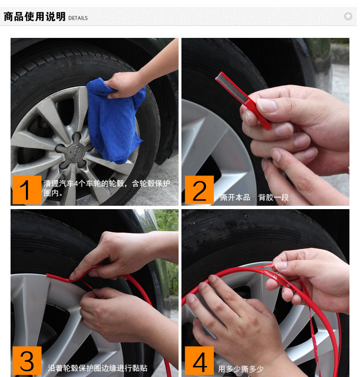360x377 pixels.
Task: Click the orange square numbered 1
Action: pos(27,190)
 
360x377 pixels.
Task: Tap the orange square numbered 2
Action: pos(199,190)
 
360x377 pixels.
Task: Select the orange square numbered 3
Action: pos(27,360)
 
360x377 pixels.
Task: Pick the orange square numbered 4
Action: pos(199,360)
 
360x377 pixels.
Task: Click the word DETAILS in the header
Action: pos(78,18)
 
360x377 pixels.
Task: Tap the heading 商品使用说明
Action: pos(35,17)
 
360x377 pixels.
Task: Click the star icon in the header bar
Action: pos(348,16)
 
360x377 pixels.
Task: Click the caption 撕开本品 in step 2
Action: pos(235,198)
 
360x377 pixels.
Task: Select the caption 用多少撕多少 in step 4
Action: pos(240,368)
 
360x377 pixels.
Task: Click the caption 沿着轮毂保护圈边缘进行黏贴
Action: pos(97,368)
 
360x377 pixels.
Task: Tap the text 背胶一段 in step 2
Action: pos(274,198)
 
